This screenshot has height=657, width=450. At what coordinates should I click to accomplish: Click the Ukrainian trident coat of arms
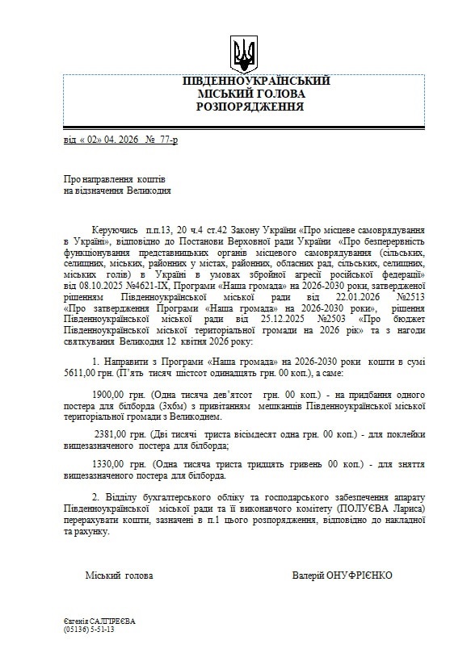[243, 52]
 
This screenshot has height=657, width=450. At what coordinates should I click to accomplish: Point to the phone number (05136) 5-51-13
[89, 629]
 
